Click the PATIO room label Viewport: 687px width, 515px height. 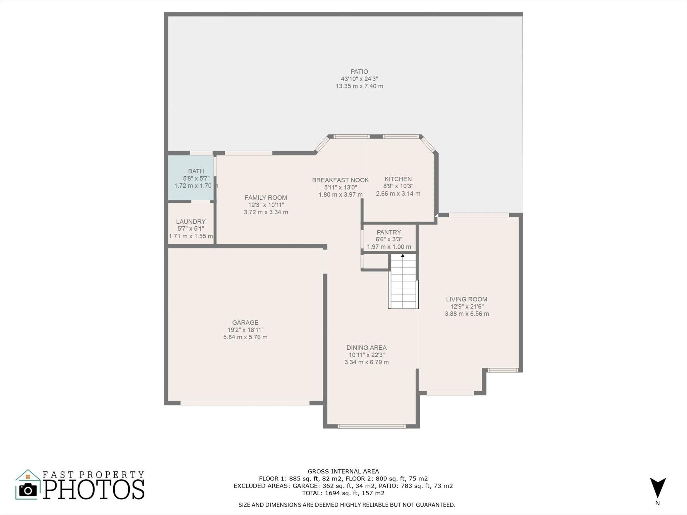point(359,71)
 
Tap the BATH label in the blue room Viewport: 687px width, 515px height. point(196,171)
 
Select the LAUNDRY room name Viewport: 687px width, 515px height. point(191,222)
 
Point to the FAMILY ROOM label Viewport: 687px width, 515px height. point(266,198)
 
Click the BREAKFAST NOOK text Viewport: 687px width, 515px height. point(340,180)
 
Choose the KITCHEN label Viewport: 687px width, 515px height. point(398,179)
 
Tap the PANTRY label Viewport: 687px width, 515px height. point(389,232)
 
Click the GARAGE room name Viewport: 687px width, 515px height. point(245,323)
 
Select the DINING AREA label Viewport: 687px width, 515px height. point(367,348)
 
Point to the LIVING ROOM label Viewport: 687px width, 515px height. point(467,299)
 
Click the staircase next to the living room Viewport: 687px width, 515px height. point(403,281)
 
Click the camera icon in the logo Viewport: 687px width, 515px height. point(28,490)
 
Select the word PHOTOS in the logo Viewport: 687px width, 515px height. point(94,489)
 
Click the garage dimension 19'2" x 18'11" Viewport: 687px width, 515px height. point(245,330)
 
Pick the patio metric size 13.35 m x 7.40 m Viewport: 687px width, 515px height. point(359,86)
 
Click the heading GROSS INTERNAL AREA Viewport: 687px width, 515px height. point(343,471)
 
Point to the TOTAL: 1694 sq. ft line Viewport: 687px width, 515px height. point(343,493)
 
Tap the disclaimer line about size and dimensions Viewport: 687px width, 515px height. point(347,505)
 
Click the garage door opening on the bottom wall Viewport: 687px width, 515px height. point(245,403)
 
